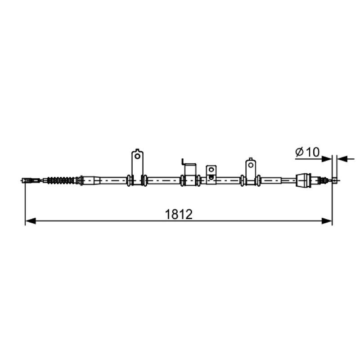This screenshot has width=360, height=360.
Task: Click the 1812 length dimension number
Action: [x=179, y=215]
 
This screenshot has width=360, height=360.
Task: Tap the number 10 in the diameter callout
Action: [x=312, y=152]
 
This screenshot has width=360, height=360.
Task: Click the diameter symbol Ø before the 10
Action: [x=300, y=152]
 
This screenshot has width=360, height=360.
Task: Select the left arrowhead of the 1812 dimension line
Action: [x=31, y=221]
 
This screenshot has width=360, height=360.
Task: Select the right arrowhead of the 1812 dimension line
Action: [x=327, y=221]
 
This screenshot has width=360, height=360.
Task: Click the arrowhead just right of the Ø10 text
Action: [x=327, y=159]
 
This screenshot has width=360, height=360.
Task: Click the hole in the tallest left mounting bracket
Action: [x=137, y=156]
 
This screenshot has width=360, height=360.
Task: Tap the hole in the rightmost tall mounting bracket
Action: [x=251, y=165]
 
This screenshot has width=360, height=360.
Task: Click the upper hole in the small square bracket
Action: [x=211, y=170]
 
